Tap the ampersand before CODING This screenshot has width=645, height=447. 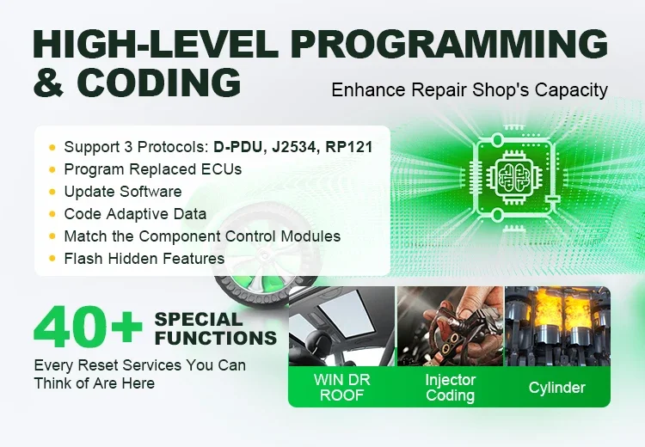point(48,83)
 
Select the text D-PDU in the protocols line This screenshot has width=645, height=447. point(237,147)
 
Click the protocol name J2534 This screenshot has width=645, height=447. point(294,147)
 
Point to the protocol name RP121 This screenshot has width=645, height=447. point(349,147)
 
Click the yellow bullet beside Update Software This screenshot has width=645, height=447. point(52,192)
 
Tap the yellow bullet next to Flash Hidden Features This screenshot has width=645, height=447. point(52,259)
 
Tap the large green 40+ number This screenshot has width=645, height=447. point(88,327)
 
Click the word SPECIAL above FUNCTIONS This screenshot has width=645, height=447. point(199,320)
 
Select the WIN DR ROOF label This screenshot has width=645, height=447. point(341,388)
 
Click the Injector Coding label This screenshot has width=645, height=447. point(451,388)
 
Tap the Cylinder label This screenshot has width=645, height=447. point(557,388)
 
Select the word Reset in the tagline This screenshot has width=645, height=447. point(98,365)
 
